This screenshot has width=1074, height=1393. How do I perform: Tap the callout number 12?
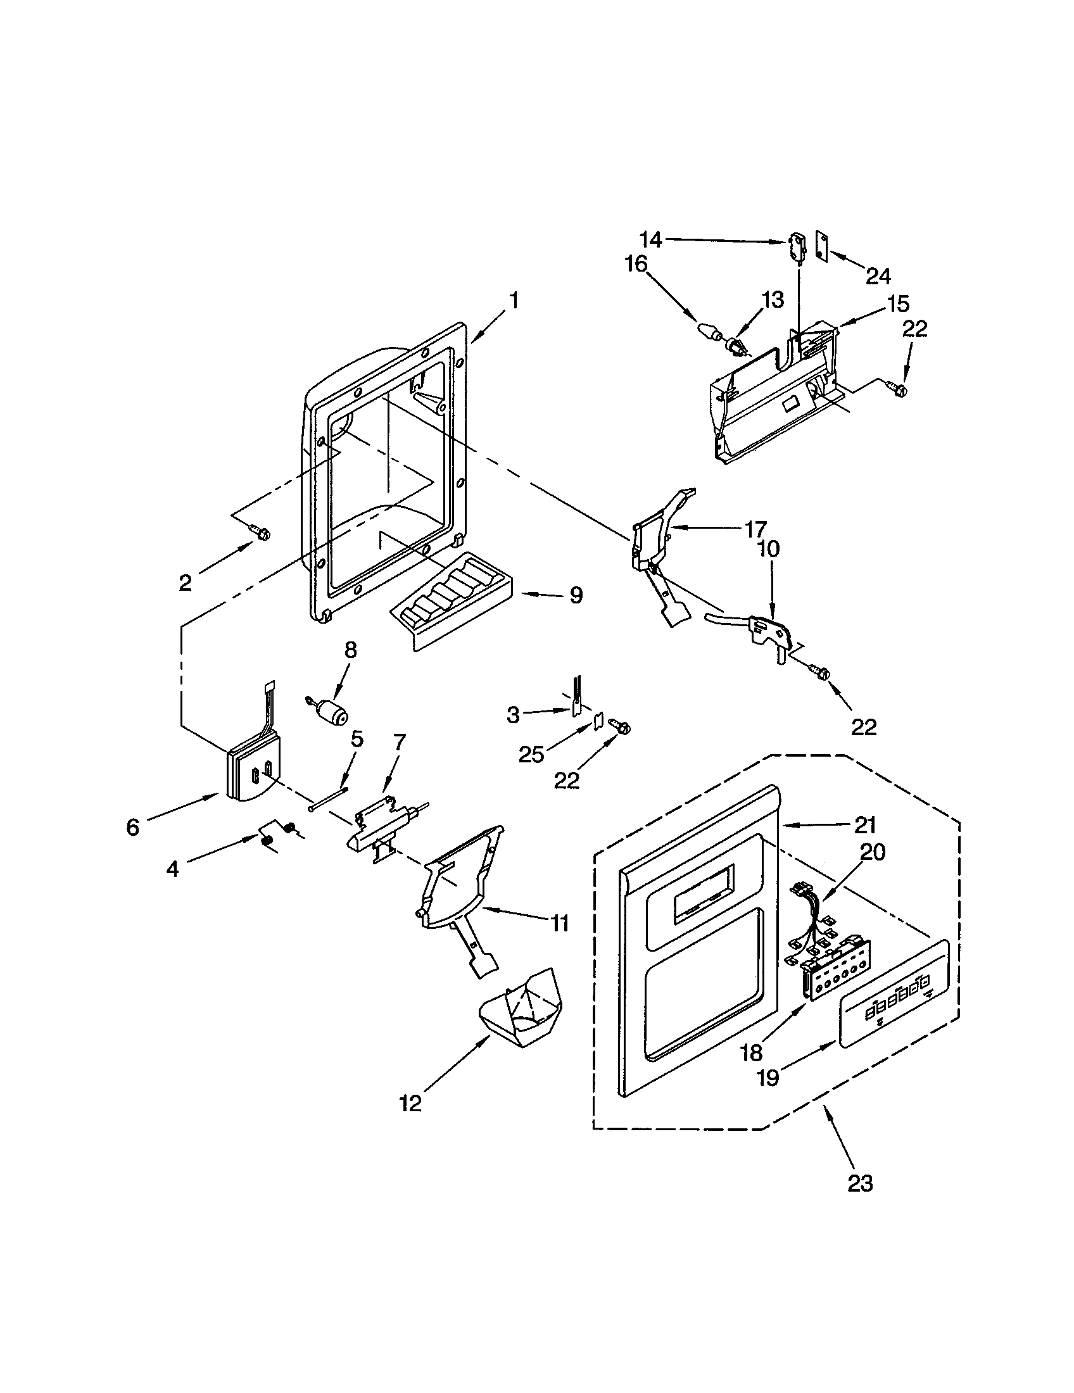411,1104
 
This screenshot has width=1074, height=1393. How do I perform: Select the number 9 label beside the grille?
575,595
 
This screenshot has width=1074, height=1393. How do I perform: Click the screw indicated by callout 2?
260,532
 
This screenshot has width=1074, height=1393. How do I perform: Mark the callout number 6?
132,828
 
